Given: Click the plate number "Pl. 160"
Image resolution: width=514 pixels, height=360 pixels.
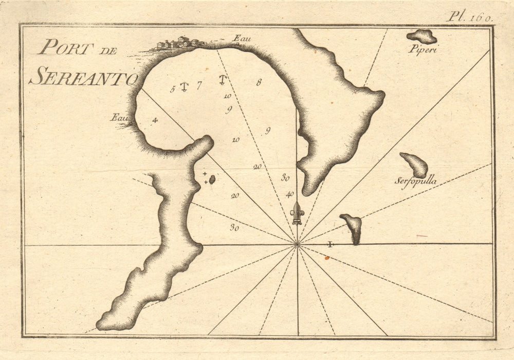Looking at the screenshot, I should (469, 16).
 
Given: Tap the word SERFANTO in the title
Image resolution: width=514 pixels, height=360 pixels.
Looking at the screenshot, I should (83, 78).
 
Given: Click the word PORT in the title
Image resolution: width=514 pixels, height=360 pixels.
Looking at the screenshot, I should (66, 48).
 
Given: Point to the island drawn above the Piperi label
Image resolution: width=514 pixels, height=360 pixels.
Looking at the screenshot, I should (422, 36).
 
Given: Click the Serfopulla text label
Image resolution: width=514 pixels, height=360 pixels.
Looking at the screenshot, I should (416, 181).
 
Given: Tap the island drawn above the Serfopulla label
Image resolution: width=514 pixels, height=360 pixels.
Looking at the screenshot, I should (415, 165).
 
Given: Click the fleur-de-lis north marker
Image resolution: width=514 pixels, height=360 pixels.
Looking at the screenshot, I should (297, 213).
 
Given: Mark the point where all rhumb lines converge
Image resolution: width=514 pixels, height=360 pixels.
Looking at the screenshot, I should (297, 244).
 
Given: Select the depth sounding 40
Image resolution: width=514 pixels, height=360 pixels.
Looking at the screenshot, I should (290, 194).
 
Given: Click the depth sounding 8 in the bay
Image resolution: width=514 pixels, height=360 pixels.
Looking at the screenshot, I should (259, 82).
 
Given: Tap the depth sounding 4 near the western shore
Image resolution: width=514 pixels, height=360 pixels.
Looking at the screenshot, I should (154, 120).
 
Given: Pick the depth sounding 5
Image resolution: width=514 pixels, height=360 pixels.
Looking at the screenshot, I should (173, 88).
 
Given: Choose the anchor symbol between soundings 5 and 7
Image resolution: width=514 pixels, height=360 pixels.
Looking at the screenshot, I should (185, 87).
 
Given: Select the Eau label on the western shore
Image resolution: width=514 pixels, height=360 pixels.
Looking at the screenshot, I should (118, 117).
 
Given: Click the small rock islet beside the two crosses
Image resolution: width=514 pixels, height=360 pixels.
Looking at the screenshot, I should (212, 179).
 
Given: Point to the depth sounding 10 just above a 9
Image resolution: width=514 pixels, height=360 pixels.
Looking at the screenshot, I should (227, 96).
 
